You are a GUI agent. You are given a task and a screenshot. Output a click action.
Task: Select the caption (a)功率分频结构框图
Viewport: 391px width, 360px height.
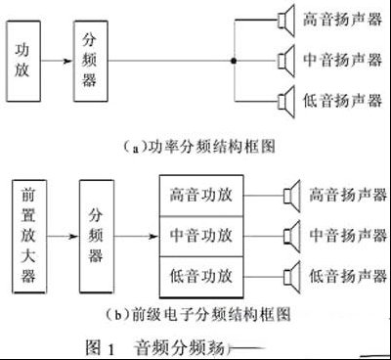[196, 145]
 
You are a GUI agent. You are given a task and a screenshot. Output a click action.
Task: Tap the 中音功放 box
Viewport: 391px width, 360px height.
[201, 236]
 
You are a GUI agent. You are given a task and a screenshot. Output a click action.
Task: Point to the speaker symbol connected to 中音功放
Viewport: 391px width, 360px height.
[290, 236]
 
